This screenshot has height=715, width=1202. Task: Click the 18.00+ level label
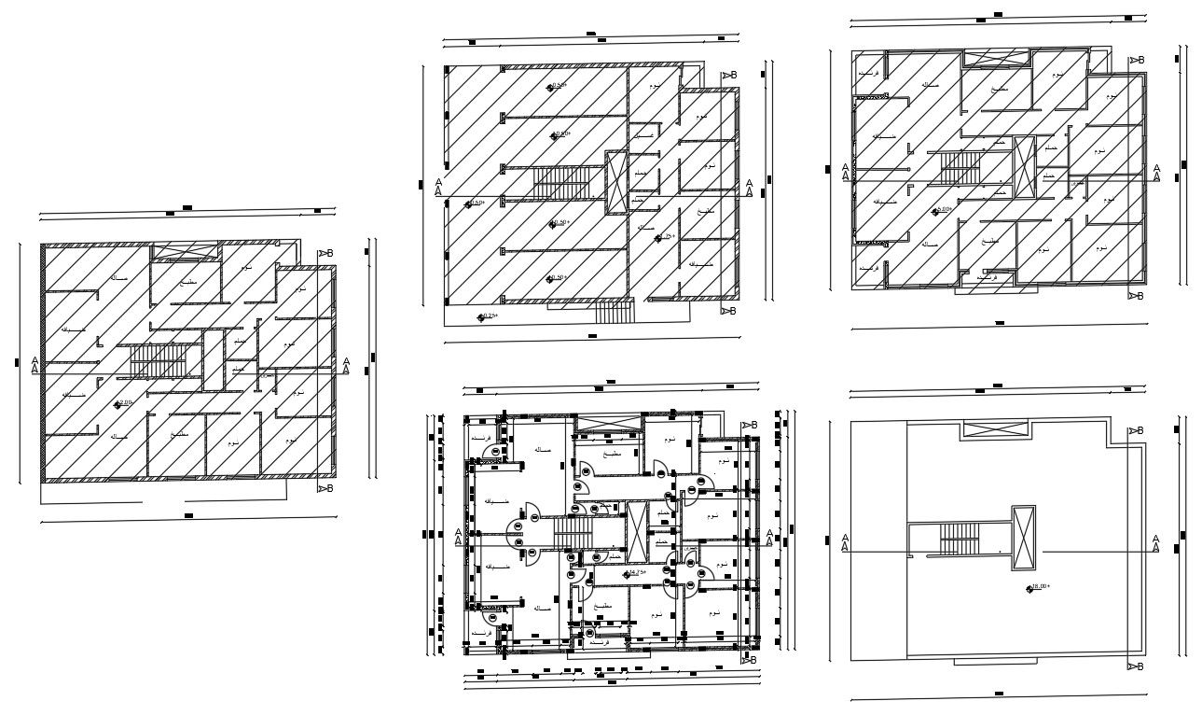pyautogui.click(x=1039, y=587)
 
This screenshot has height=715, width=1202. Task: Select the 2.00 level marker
pyautogui.click(x=125, y=403)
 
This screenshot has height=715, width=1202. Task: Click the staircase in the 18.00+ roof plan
pyautogui.click(x=958, y=539)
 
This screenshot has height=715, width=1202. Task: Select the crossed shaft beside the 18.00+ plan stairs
pyautogui.click(x=1023, y=538)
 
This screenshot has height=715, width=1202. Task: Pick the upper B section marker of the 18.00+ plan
pyautogui.click(x=1135, y=430)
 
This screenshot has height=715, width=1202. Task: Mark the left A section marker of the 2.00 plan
pyautogui.click(x=35, y=365)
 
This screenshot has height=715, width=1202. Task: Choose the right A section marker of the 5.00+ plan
pyautogui.click(x=1156, y=174)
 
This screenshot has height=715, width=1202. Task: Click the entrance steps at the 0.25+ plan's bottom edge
pyautogui.click(x=614, y=312)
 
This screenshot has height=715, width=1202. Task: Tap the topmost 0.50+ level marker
pyautogui.click(x=558, y=86)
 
